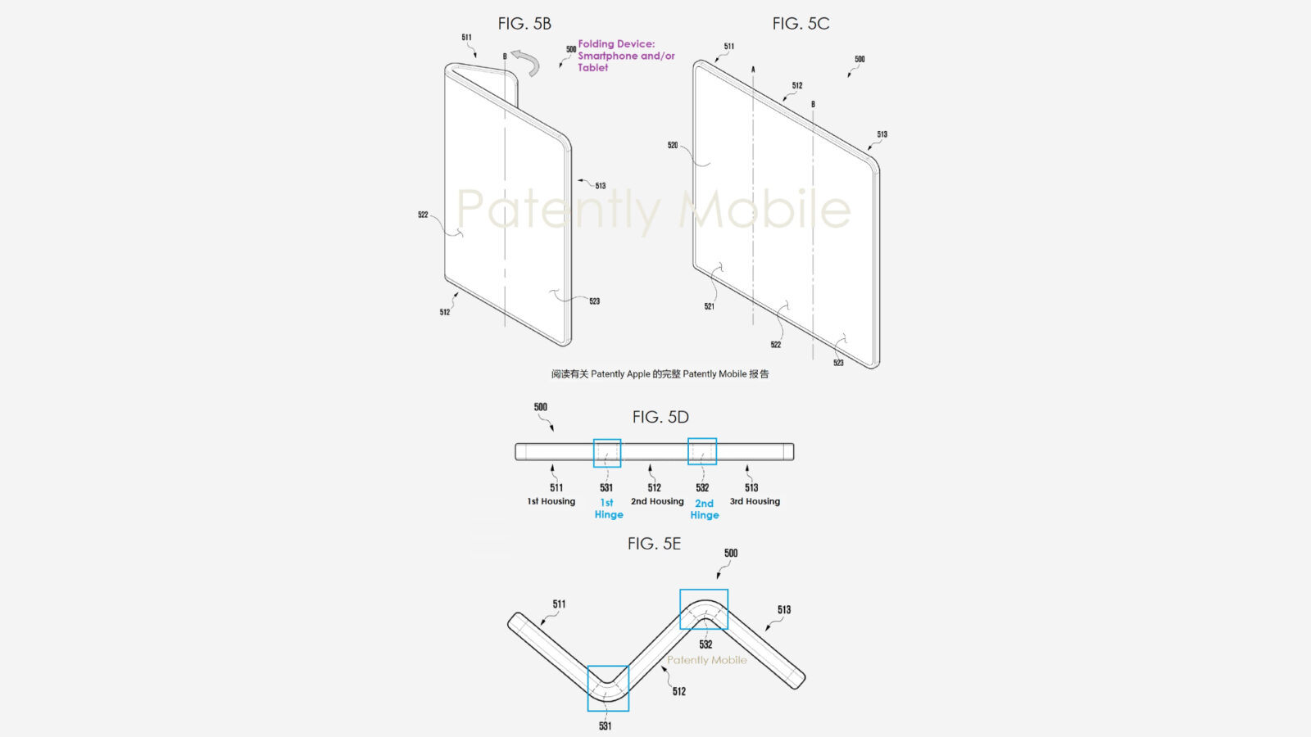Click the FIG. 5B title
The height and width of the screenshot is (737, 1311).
click(524, 24)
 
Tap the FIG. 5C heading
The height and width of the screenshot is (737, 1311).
click(801, 24)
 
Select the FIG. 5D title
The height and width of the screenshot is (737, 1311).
click(660, 417)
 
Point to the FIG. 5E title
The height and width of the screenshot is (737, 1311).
click(654, 544)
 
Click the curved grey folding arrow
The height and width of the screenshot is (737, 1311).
click(525, 62)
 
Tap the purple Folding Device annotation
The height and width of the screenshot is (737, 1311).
click(626, 56)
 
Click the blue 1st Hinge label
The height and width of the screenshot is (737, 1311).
click(608, 509)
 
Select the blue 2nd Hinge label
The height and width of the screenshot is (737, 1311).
click(704, 509)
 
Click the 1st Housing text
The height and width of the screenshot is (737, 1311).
click(551, 501)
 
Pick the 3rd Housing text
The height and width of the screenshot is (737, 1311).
click(755, 501)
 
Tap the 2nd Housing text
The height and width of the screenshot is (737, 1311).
click(657, 501)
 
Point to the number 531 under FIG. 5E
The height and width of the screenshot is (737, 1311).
click(605, 726)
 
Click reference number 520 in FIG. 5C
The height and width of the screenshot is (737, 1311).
click(673, 145)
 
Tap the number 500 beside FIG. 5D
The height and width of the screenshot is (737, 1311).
click(541, 407)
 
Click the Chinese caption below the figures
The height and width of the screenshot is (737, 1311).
click(660, 374)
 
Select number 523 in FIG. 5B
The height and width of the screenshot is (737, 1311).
click(594, 301)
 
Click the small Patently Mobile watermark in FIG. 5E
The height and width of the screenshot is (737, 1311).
click(706, 660)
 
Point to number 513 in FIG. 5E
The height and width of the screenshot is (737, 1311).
click(784, 610)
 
